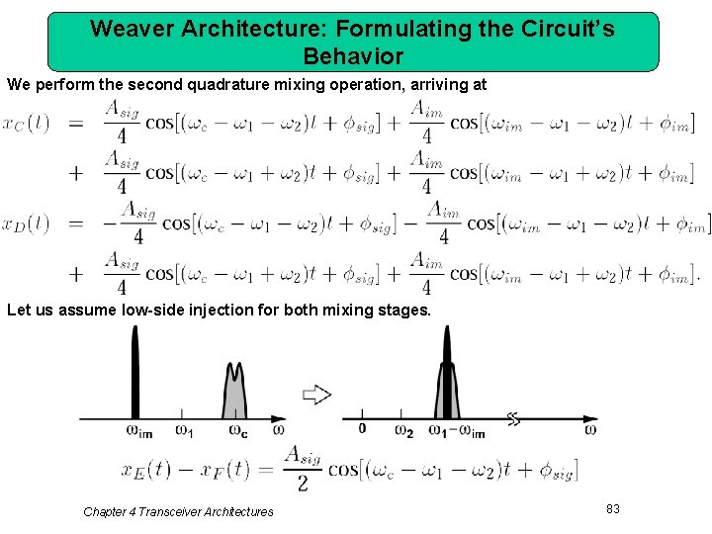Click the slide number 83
pyautogui.click(x=613, y=508)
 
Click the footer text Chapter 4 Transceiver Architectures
pyautogui.click(x=178, y=511)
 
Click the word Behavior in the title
pyautogui.click(x=353, y=55)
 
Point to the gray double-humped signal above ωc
pyautogui.click(x=234, y=391)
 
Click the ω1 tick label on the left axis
pyautogui.click(x=184, y=430)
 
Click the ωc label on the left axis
pyautogui.click(x=237, y=430)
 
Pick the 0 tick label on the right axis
pyautogui.click(x=362, y=429)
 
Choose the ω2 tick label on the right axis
pyautogui.click(x=403, y=431)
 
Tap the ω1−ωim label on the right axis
pyautogui.click(x=457, y=431)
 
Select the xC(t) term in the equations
pyautogui.click(x=26, y=124)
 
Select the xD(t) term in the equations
pyautogui.click(x=26, y=223)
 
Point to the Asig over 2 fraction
pyautogui.click(x=302, y=468)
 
